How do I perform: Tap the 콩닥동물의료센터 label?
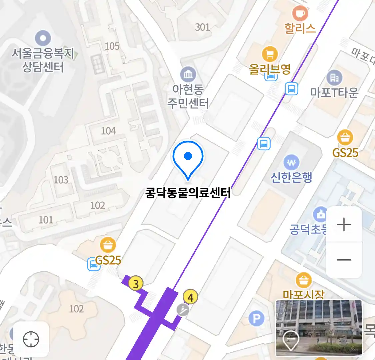[x=188, y=193]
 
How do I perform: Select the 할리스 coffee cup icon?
[x=300, y=14]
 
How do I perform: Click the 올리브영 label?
[x=270, y=69]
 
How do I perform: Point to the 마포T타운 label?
[x=334, y=92]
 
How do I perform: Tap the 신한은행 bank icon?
[x=291, y=163]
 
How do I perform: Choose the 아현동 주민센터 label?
[x=188, y=96]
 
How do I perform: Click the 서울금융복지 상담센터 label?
[x=43, y=60]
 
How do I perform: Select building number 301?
[x=202, y=27]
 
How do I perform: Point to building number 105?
[x=112, y=46]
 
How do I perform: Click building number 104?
[x=108, y=131]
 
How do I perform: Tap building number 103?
[x=61, y=180]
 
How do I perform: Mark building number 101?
[x=46, y=220]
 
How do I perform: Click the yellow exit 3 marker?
[x=136, y=284]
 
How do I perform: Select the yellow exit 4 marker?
[x=190, y=297]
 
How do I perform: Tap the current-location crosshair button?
[x=31, y=340]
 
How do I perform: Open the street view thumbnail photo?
[x=319, y=328]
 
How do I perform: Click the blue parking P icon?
[x=256, y=319]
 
